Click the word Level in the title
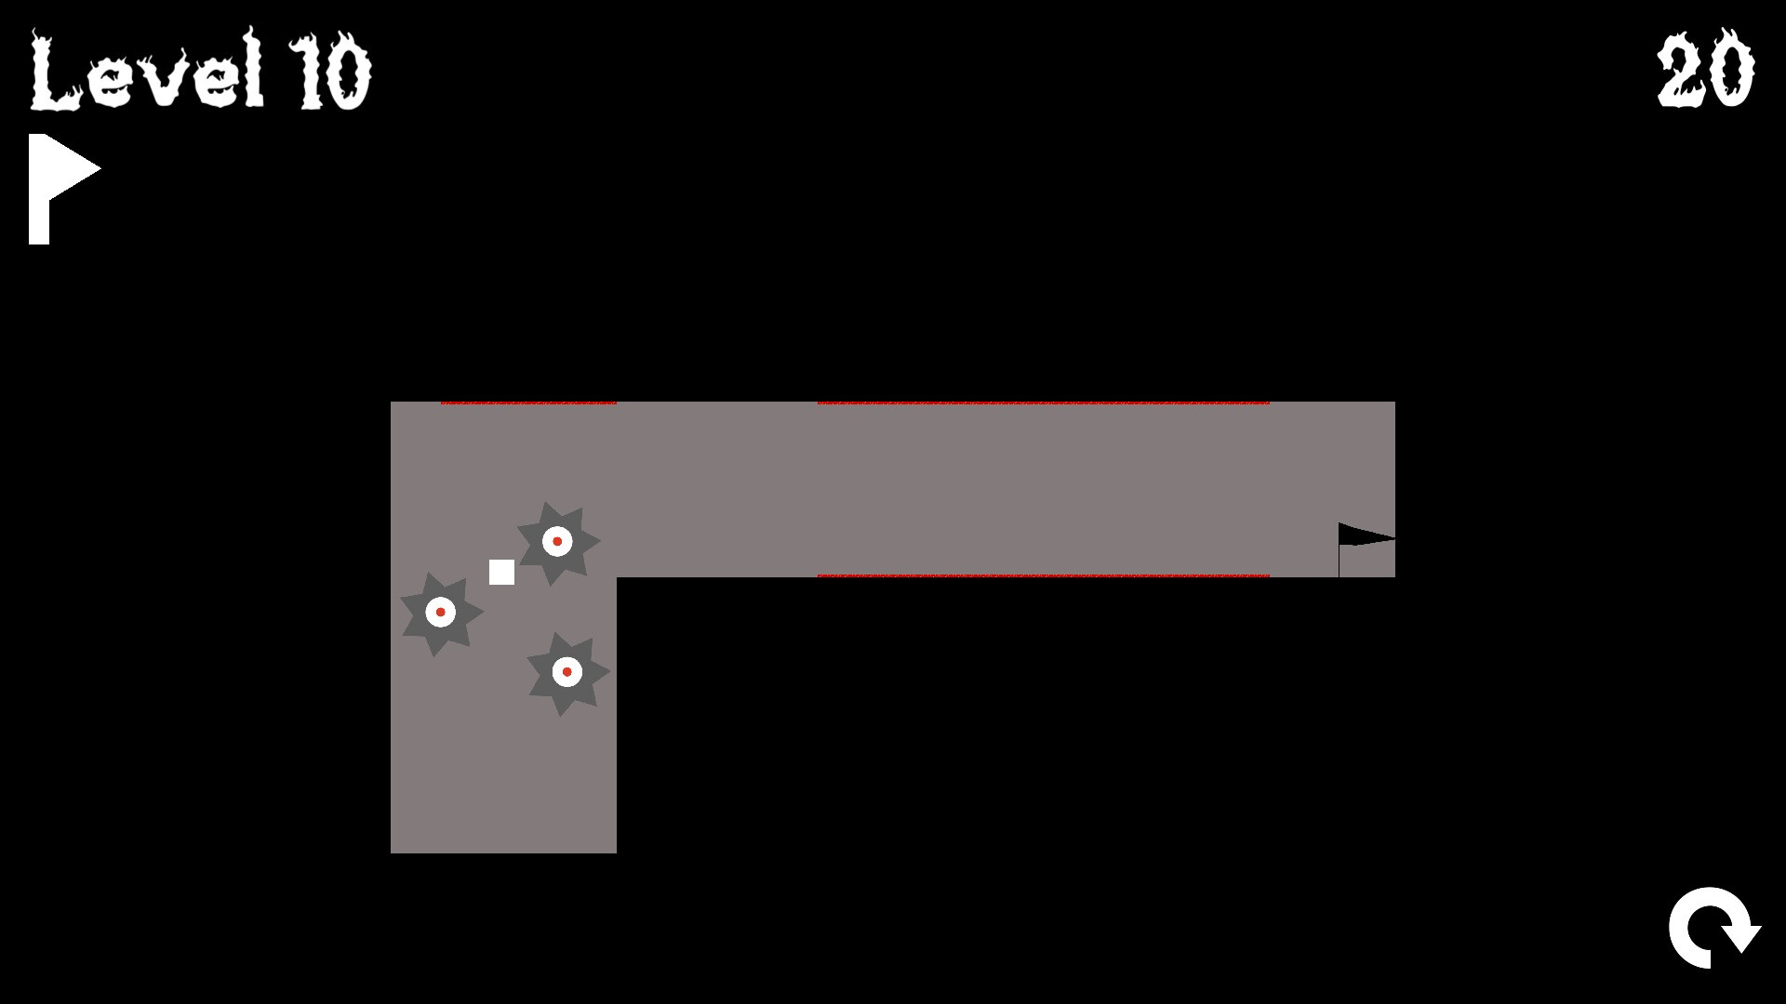click(x=147, y=70)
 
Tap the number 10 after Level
click(x=330, y=72)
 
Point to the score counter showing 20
click(x=1705, y=68)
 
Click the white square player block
click(x=501, y=572)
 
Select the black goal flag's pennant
click(x=1364, y=535)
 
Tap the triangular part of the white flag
click(x=73, y=168)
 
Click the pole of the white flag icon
click(x=39, y=190)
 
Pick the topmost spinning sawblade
click(x=557, y=543)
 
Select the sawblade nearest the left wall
click(x=441, y=614)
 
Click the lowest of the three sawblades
click(x=566, y=673)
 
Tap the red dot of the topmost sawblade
click(x=557, y=541)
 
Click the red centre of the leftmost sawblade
click(x=441, y=612)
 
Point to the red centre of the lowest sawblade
click(x=566, y=671)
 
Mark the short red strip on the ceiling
click(x=528, y=403)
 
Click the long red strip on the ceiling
click(x=1044, y=403)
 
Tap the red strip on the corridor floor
click(x=1044, y=575)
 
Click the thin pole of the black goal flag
click(x=1339, y=550)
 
